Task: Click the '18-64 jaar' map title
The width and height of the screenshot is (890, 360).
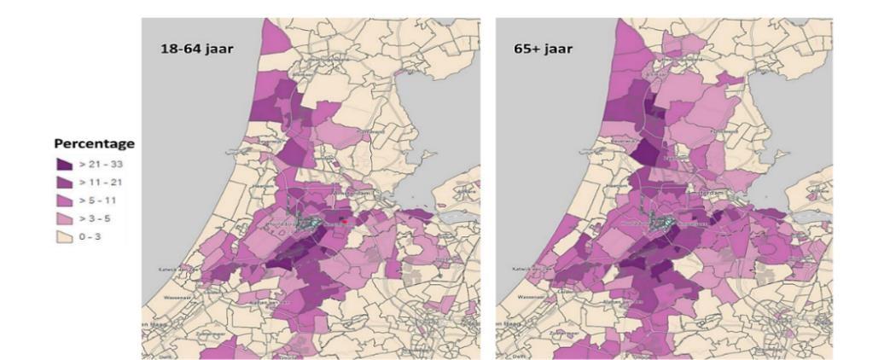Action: pos(197,49)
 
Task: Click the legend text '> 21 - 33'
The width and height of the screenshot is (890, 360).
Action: pos(102,164)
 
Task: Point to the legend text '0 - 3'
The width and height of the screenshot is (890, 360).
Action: pos(92,235)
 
